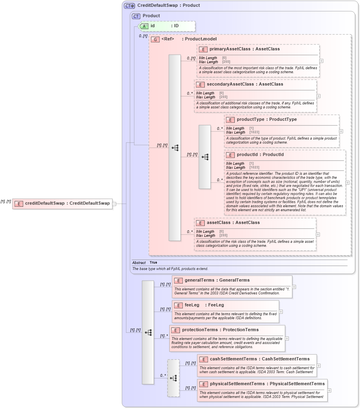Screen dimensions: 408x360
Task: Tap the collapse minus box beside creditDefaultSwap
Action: (x=114, y=204)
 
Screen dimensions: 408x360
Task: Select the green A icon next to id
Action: (x=144, y=26)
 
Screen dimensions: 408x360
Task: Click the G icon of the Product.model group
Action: (x=155, y=39)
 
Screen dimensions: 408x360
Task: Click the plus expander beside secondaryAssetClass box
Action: (x=318, y=96)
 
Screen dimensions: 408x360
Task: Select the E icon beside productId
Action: (x=230, y=154)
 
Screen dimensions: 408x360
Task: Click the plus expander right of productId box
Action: (x=347, y=182)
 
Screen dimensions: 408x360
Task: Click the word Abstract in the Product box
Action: (x=139, y=263)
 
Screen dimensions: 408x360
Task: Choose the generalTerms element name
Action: (x=199, y=280)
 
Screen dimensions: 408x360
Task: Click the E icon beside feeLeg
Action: (x=178, y=305)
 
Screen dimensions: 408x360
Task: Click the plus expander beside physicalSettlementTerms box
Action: (x=329, y=390)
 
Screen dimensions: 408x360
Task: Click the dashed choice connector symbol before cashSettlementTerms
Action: (x=173, y=378)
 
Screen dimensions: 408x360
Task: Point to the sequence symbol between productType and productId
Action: (x=205, y=157)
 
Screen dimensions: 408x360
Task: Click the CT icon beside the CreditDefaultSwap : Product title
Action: (x=129, y=6)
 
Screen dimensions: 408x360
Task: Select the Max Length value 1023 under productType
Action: (x=254, y=132)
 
